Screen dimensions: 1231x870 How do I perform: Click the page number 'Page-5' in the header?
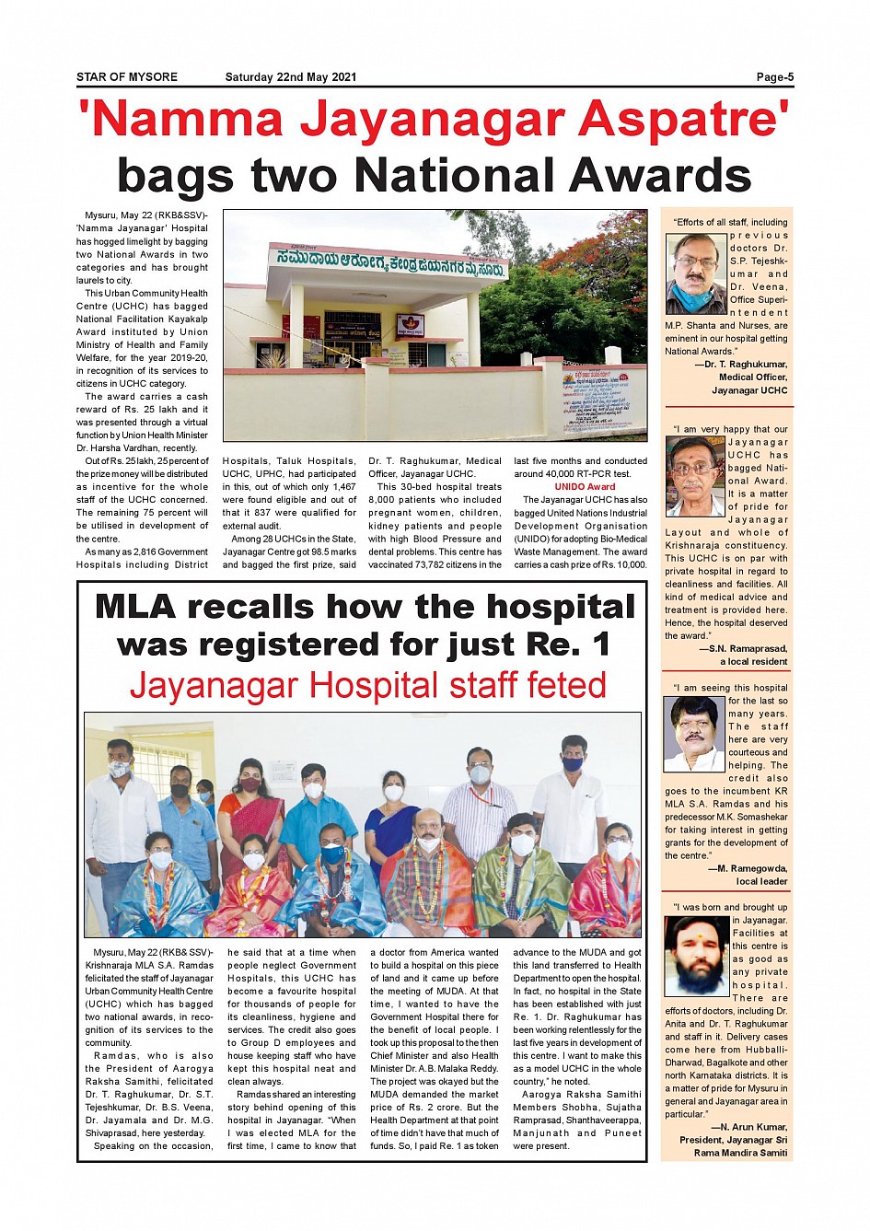[x=774, y=77]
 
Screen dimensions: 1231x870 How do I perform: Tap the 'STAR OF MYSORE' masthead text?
[x=127, y=77]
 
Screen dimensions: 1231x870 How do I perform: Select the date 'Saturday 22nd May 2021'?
[x=290, y=77]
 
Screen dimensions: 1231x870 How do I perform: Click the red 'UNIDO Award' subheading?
[x=585, y=487]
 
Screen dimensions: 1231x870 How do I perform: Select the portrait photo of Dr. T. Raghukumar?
[x=695, y=273]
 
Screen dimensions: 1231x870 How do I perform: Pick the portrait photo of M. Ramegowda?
[x=694, y=734]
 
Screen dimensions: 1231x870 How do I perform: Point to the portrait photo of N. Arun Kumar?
[x=696, y=956]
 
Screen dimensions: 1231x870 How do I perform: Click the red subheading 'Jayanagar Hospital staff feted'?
[x=367, y=687]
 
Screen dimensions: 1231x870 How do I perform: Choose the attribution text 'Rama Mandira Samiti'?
[x=740, y=1153]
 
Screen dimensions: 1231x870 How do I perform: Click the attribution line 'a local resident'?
[x=753, y=661]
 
